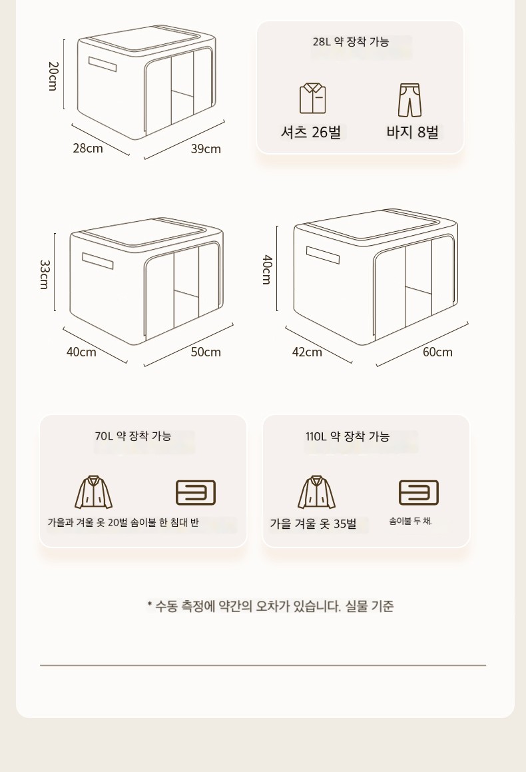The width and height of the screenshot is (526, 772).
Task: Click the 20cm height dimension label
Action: point(53,76)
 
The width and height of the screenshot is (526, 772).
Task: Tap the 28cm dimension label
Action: point(88,148)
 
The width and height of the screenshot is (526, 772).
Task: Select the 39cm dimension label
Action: point(206,149)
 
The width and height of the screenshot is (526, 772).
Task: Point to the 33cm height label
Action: point(45,274)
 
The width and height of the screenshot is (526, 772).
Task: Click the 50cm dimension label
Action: point(206,352)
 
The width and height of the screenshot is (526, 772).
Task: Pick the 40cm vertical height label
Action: point(266,269)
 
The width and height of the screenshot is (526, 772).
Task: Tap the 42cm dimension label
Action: point(307,352)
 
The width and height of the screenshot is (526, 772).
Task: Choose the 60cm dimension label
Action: point(437,352)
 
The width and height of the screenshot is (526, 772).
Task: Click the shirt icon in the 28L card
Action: point(312,99)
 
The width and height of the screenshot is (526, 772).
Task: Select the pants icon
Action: point(410,100)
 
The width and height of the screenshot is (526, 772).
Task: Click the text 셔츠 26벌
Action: point(311,132)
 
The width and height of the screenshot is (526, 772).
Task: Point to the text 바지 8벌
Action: point(412,132)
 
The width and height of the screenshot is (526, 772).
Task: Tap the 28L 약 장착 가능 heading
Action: point(351,42)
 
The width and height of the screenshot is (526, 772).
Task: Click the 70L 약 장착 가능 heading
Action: point(133,436)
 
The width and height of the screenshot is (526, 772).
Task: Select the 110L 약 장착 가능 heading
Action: point(348,437)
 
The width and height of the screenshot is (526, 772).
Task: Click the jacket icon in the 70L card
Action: point(93,492)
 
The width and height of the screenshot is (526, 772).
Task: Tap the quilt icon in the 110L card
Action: point(418,493)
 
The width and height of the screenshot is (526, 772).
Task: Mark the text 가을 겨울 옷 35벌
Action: point(313,524)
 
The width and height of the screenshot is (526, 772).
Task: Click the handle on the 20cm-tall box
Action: point(103,64)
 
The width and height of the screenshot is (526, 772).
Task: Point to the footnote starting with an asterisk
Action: point(270,606)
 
